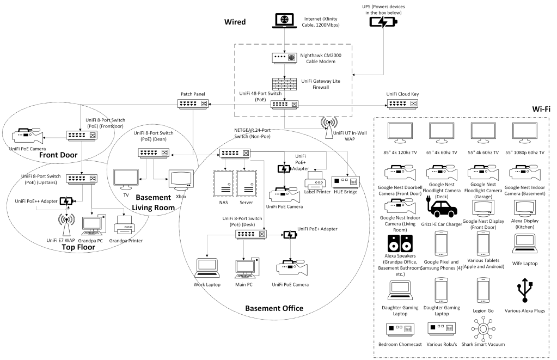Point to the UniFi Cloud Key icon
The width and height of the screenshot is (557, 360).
click(x=402, y=103)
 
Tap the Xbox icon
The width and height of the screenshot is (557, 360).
click(x=181, y=179)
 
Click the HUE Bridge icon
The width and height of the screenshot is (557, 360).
click(x=345, y=181)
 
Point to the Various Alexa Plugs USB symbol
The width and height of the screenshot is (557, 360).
click(x=525, y=290)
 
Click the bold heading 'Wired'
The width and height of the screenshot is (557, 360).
click(x=235, y=22)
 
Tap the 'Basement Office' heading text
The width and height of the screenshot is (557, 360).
click(x=274, y=308)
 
